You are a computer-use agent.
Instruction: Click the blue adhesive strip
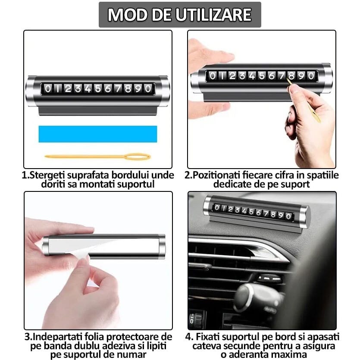point(97,134)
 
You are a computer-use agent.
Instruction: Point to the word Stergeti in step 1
point(45,175)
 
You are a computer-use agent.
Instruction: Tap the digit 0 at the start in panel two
point(213,76)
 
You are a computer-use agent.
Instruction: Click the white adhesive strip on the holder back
point(103,244)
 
